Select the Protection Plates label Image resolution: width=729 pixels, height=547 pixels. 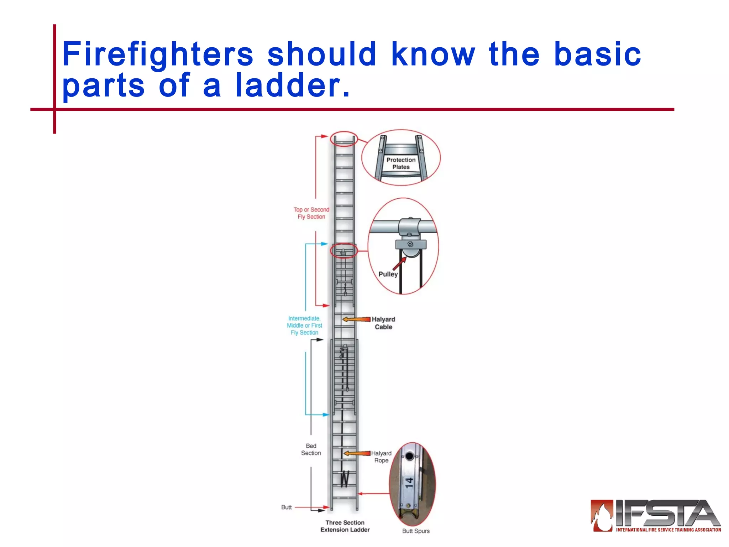coord(401,163)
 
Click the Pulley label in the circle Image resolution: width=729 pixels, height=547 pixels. coord(388,274)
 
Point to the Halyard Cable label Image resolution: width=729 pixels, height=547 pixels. coord(383,323)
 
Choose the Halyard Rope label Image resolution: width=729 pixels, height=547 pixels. coord(381,457)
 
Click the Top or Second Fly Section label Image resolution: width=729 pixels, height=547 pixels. coord(311,213)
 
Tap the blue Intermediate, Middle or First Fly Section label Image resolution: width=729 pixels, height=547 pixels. coord(304,325)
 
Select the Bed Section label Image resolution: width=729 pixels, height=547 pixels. coord(311,449)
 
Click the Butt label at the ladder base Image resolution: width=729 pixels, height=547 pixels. coord(286,507)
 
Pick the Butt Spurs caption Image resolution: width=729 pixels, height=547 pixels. coord(416,531)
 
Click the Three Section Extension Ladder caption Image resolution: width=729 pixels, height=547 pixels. coord(345,526)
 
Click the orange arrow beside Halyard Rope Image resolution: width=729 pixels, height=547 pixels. coord(357,453)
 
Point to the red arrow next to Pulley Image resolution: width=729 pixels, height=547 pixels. coord(399,264)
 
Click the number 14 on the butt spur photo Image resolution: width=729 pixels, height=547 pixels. coord(409,483)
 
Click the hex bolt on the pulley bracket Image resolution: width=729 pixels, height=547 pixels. coord(410,244)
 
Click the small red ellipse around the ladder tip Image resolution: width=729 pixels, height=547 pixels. coord(343,139)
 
